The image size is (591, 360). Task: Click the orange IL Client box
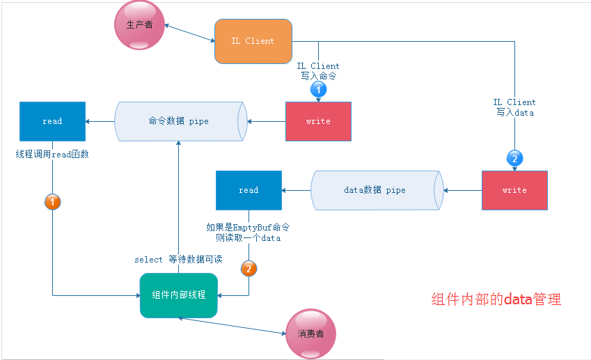tap(253, 41)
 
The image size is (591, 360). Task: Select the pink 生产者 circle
tap(139, 25)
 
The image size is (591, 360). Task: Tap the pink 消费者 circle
tap(310, 334)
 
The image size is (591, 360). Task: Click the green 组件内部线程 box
tap(179, 295)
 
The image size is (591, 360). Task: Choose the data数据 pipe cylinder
tap(377, 190)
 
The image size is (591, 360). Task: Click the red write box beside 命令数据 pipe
tap(318, 121)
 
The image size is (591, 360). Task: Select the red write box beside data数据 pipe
tap(514, 190)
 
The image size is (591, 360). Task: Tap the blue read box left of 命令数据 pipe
tap(52, 121)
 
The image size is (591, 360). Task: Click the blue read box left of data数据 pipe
tap(249, 190)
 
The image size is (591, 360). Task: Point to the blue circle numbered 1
tap(317, 90)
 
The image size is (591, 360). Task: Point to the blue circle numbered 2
tap(514, 159)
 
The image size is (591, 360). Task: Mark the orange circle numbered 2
tap(249, 268)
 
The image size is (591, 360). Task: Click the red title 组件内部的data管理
tap(496, 300)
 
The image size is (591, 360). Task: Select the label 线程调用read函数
tap(52, 155)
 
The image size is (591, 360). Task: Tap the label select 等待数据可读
tap(178, 260)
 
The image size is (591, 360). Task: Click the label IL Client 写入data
tap(514, 107)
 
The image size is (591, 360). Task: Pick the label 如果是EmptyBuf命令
tap(248, 228)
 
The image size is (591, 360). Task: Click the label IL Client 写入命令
tap(318, 71)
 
